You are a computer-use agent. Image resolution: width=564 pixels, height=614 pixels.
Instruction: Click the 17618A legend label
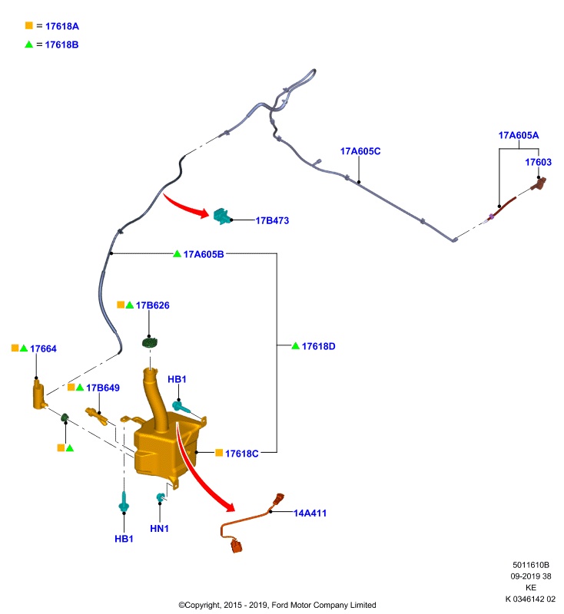pos(62,26)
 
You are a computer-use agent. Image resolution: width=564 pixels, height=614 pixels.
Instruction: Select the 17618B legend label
pos(62,45)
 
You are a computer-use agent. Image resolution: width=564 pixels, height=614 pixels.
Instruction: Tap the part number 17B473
pos(272,220)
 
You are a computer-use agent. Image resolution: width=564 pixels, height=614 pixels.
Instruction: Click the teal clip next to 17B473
pos(221,216)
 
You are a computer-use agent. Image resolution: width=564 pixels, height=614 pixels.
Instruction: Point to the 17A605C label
pos(360,151)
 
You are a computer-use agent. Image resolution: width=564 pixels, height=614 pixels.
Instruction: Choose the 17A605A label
pos(519,135)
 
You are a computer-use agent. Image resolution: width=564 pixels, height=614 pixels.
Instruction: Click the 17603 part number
pos(538,162)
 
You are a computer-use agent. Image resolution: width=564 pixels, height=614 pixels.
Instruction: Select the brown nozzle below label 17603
pos(539,184)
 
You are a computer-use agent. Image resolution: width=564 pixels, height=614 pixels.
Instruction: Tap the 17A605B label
pos(204,255)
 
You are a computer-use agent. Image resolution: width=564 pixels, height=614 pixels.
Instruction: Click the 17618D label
pos(319,347)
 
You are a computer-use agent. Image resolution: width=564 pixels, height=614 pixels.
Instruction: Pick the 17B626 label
pos(152,305)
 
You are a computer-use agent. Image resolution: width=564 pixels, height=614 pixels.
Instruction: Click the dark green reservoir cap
pos(149,343)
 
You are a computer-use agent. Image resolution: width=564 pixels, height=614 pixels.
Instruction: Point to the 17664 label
pos(43,349)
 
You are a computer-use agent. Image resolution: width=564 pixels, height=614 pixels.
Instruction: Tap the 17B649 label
pos(103,388)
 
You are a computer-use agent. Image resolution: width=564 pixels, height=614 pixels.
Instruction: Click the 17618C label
pos(241,454)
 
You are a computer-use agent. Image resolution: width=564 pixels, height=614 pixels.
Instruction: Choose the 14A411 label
pos(310,513)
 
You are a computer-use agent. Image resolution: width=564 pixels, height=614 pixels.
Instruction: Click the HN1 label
pos(159,529)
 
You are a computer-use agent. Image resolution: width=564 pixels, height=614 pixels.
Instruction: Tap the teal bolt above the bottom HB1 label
pos(124,503)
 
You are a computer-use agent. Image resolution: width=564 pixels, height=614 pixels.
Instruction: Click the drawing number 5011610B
pos(531,565)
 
